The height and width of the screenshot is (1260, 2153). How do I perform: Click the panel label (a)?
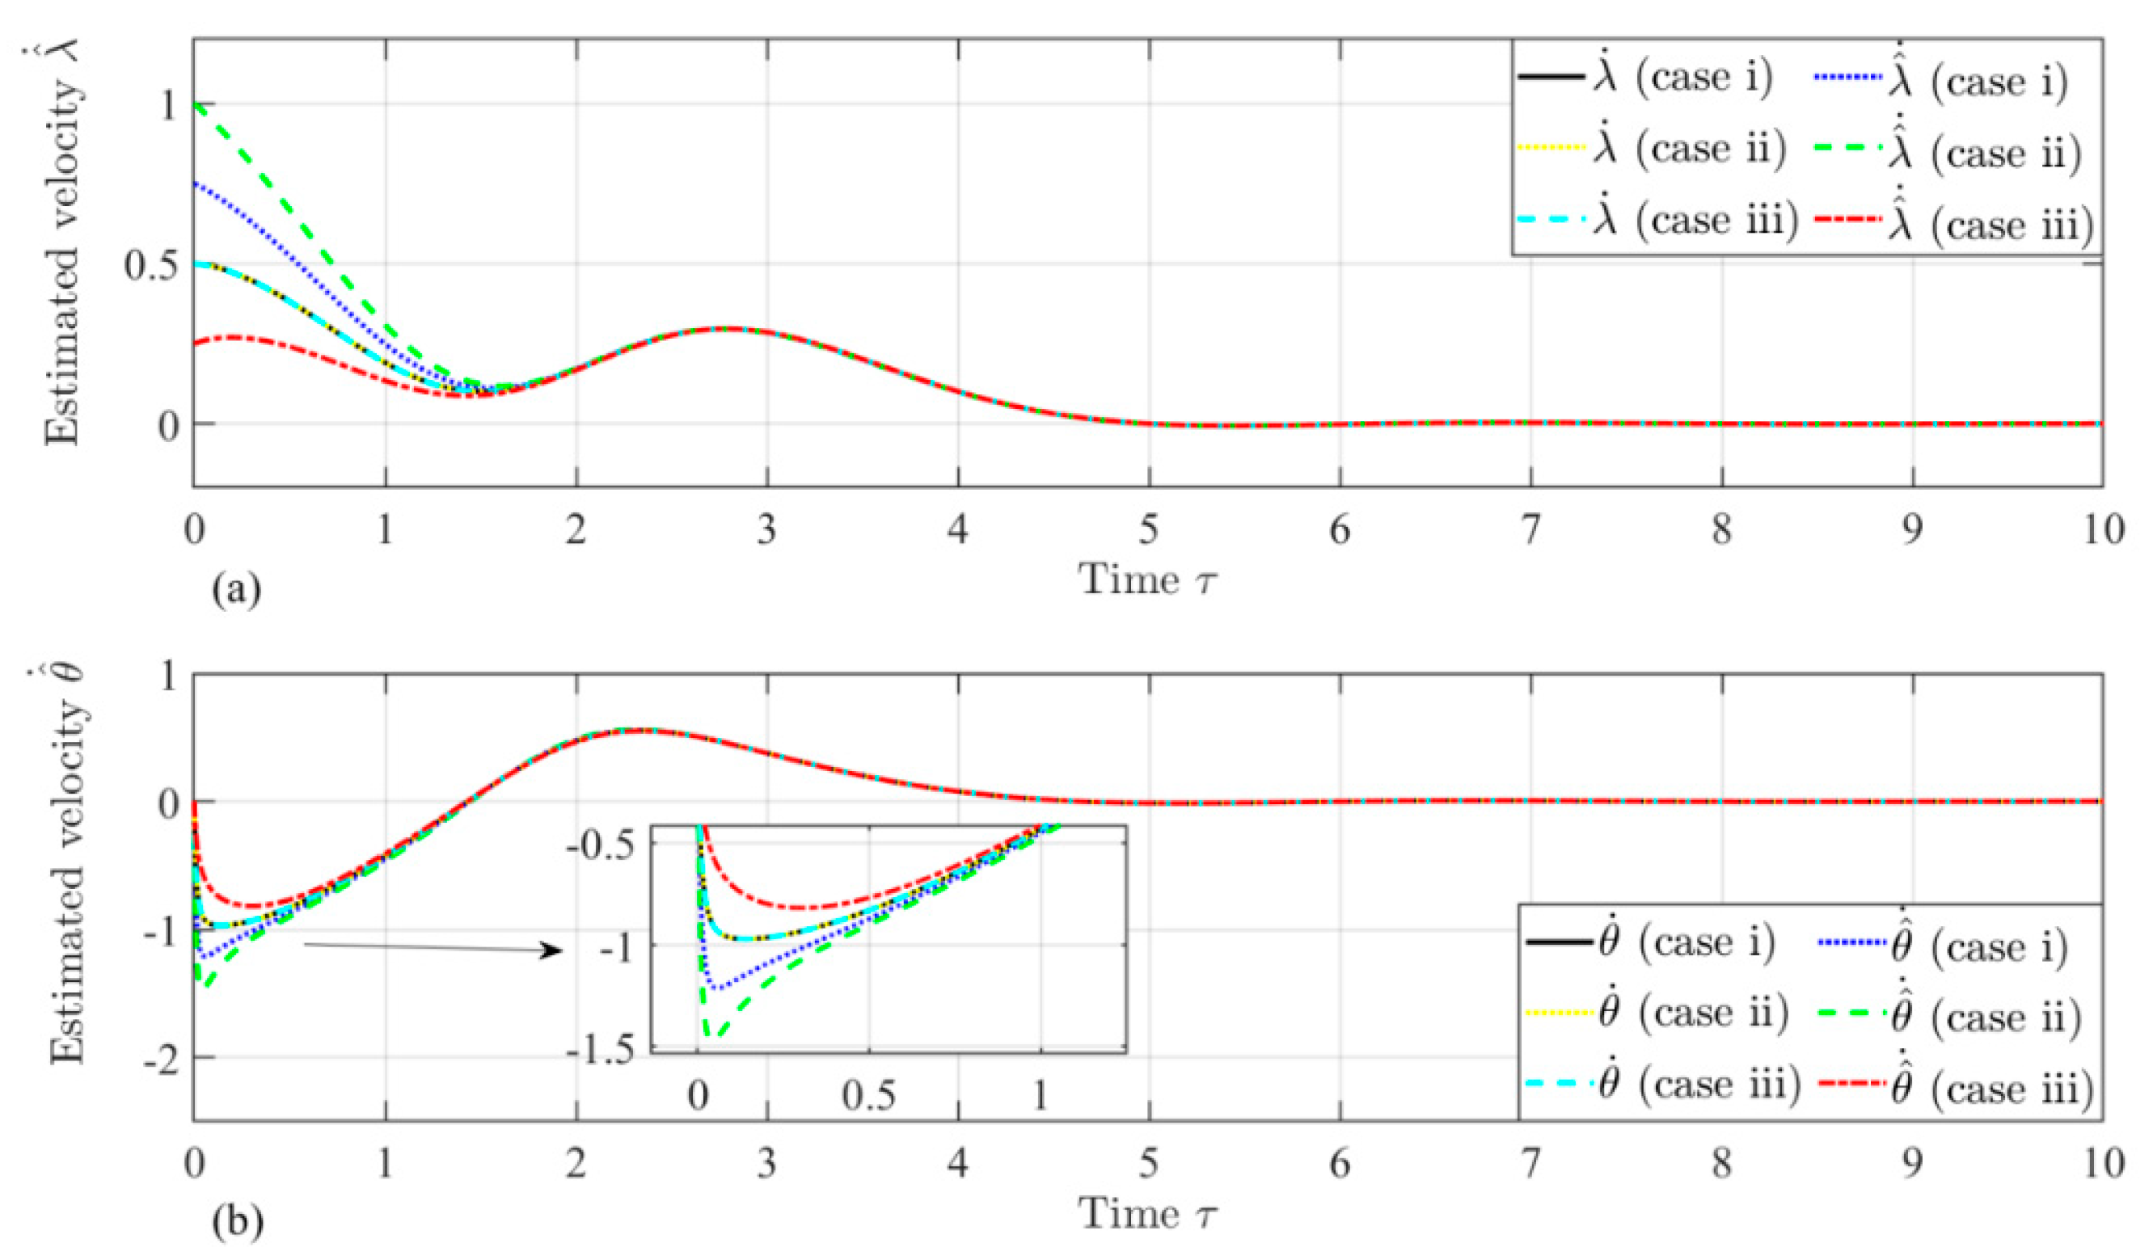coord(236,590)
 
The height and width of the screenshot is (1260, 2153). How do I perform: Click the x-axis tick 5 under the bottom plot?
coord(1148,1164)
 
